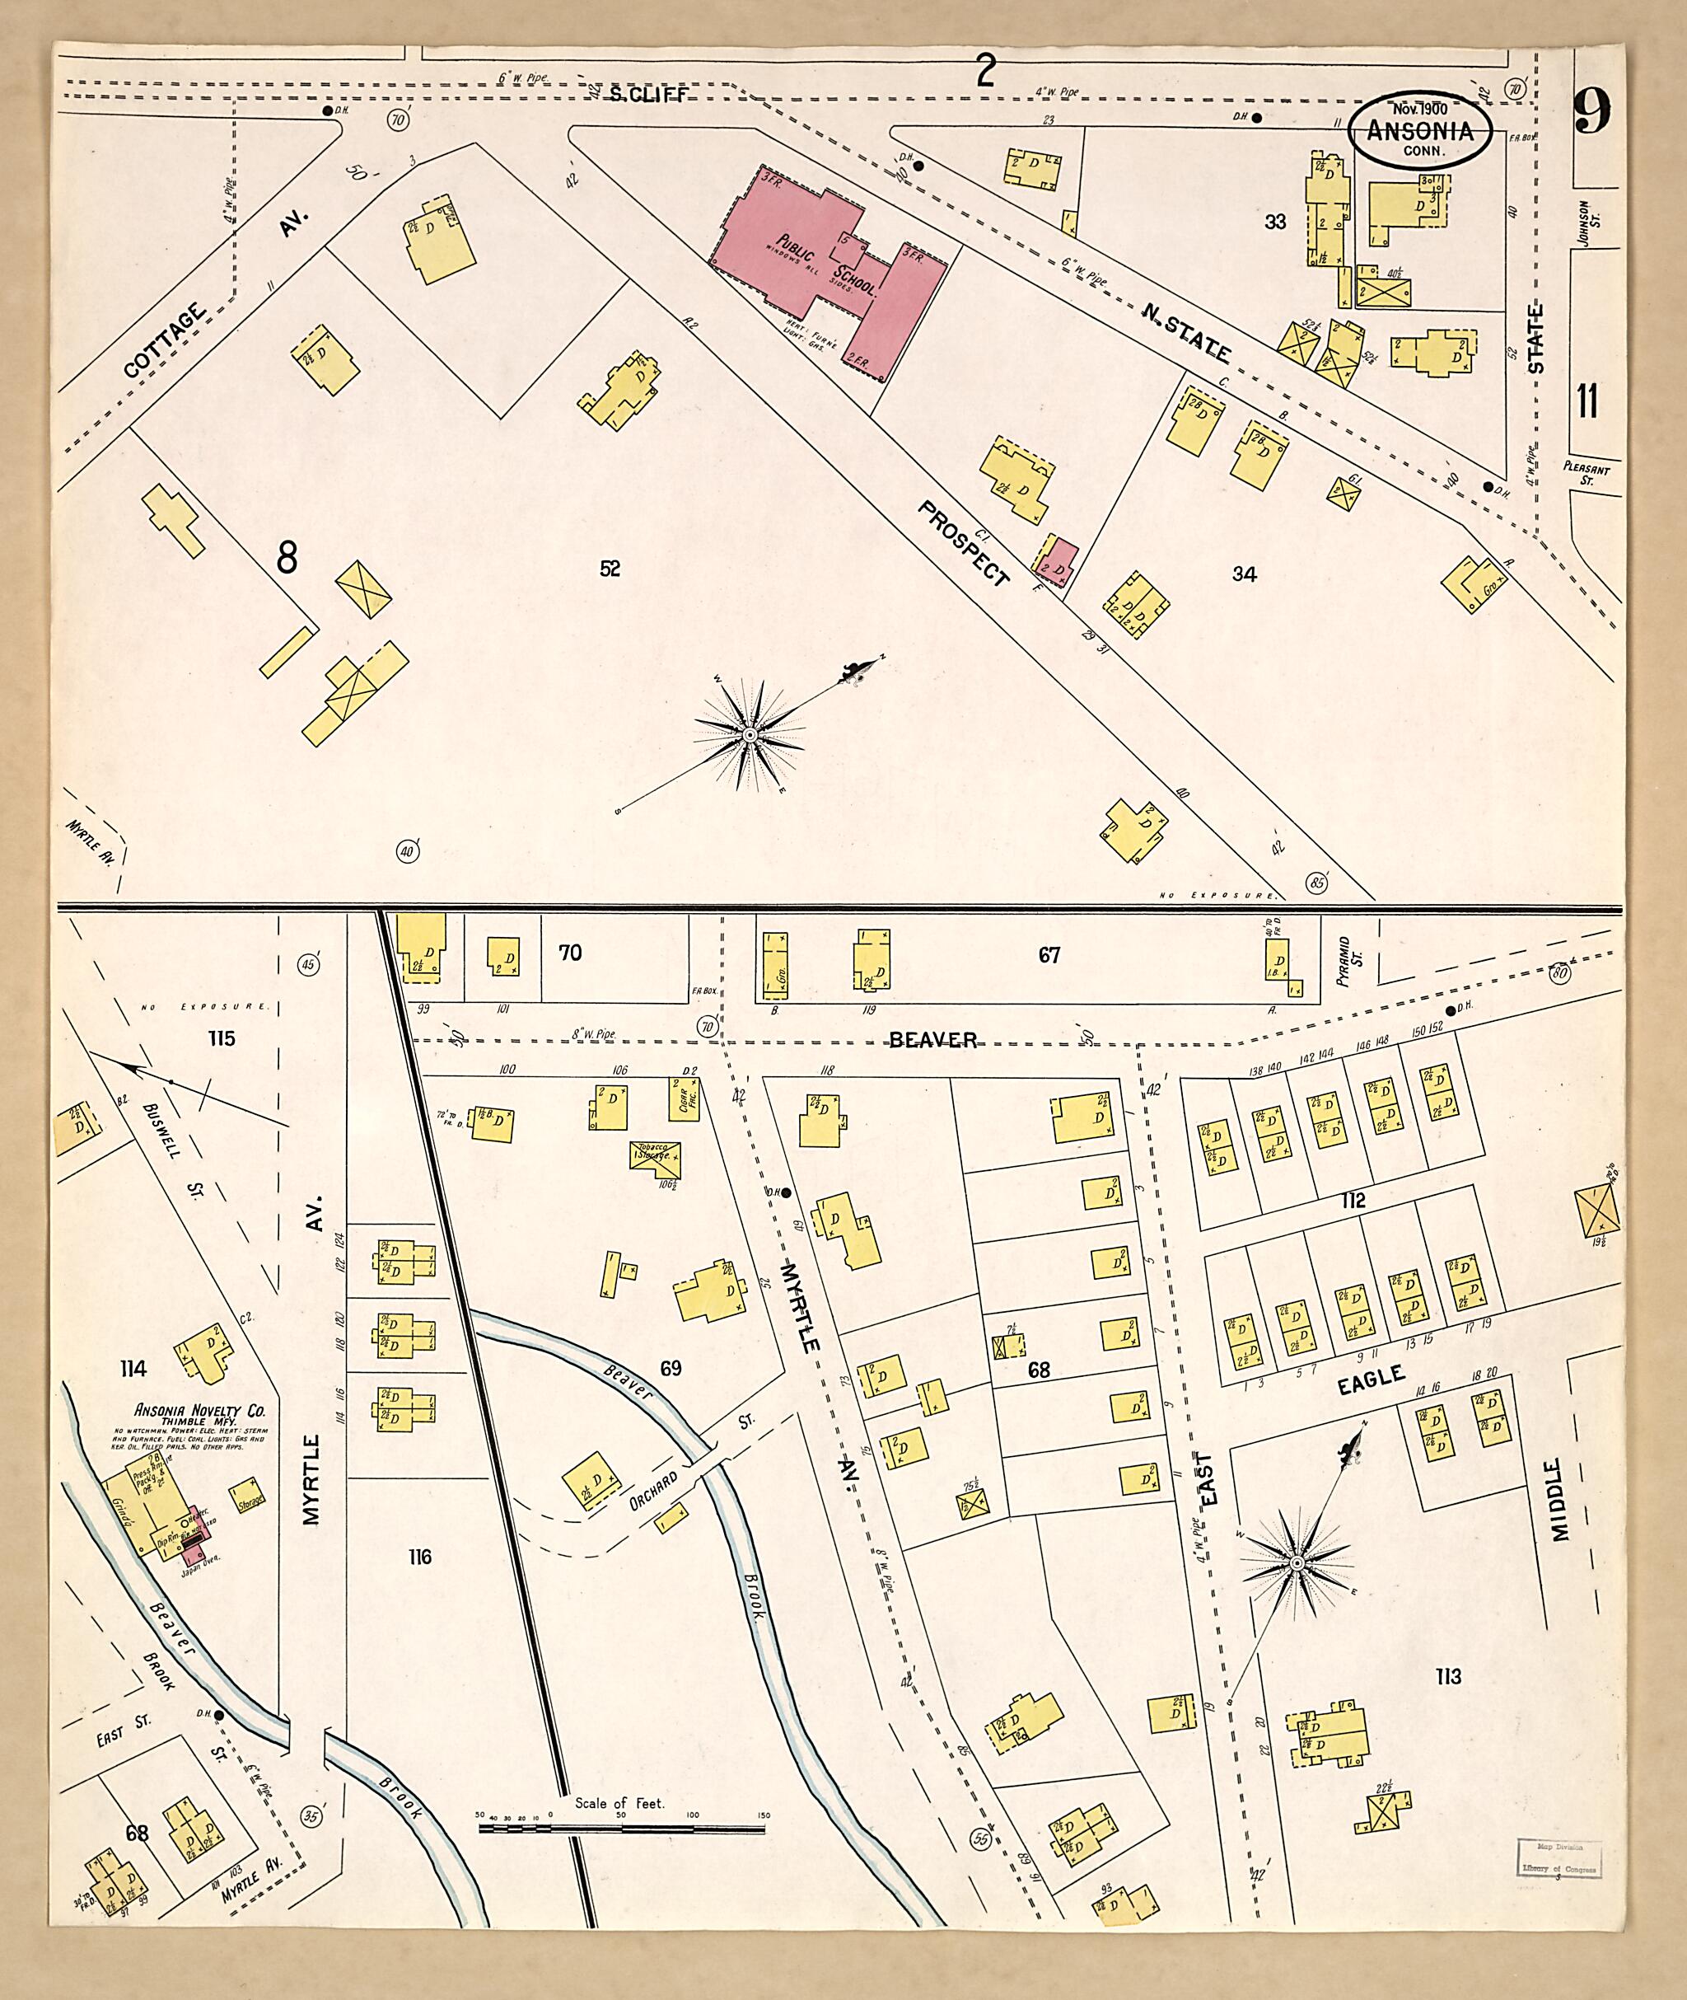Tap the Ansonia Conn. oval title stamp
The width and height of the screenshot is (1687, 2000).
pos(1419,131)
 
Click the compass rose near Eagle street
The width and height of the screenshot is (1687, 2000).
pos(1297,1564)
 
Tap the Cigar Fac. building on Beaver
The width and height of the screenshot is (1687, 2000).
pos(684,1100)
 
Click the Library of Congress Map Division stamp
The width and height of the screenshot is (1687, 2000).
pos(1555,1858)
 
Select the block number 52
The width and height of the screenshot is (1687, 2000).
pos(610,568)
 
